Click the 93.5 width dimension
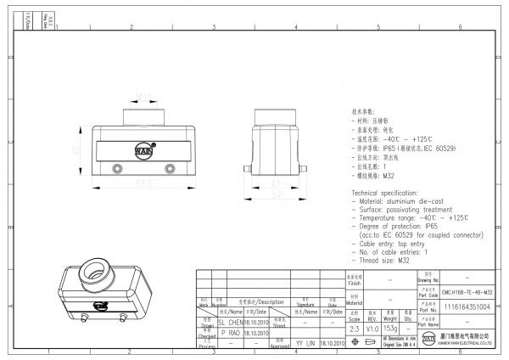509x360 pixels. pos(143,182)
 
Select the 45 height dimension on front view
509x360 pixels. pos(75,149)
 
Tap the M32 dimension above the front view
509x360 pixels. pos(143,97)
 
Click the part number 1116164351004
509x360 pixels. pos(467,307)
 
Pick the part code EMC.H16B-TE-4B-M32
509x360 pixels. pos(467,291)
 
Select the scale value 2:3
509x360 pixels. pos(353,327)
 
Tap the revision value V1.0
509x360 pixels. pos(372,327)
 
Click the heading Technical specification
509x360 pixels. pos(389,194)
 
